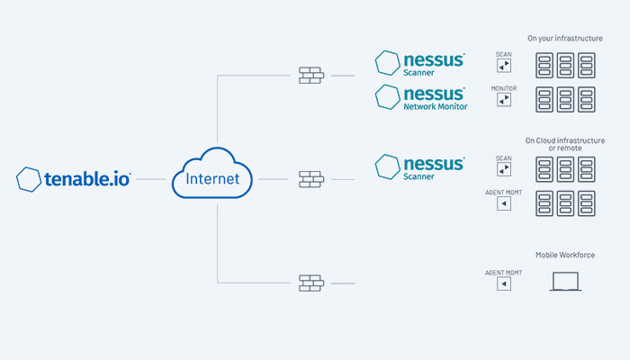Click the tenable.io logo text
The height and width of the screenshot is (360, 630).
[87, 179]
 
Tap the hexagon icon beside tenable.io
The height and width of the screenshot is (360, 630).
[29, 178]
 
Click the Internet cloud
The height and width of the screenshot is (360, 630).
[212, 175]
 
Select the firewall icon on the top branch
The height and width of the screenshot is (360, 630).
[310, 76]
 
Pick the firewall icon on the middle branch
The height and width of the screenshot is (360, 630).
[310, 178]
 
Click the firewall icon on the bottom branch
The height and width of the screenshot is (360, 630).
[310, 283]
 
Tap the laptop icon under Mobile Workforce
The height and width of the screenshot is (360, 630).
[565, 283]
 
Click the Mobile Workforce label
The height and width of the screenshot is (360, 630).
[565, 255]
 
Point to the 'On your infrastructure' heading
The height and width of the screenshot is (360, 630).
[565, 39]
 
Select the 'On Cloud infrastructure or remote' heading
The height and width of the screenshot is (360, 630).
[565, 144]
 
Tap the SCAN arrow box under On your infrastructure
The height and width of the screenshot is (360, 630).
[504, 67]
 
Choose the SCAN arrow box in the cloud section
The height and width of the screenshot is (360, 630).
[504, 170]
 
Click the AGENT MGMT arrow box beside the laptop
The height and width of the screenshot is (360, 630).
[504, 283]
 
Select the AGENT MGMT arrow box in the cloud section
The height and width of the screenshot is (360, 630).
[504, 204]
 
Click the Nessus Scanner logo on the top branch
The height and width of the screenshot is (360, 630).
[420, 63]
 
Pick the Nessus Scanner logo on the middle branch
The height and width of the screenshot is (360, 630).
[420, 167]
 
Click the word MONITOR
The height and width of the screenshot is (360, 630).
[504, 88]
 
